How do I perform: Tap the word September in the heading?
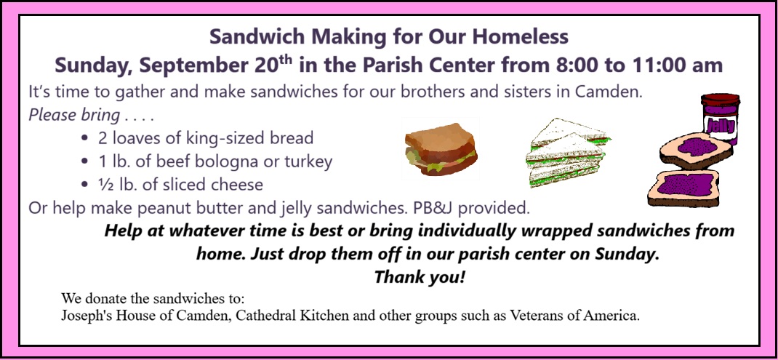195,65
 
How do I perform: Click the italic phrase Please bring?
74,115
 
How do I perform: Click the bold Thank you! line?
420,276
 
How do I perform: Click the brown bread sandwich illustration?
441,149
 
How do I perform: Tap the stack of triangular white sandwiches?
568,151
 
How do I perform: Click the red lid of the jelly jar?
721,99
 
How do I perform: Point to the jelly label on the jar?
721,125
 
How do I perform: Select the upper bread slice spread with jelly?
696,151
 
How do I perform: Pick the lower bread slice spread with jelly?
683,187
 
